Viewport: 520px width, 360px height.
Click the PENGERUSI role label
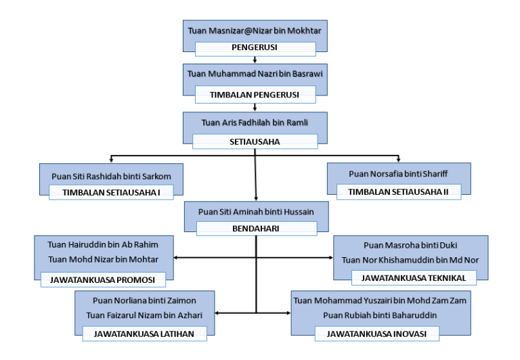255,48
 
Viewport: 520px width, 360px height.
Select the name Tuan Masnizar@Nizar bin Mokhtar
255,31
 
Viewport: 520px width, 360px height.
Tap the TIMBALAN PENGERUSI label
255,95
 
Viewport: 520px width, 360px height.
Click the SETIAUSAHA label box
255,142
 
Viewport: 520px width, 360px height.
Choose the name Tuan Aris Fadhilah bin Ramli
255,122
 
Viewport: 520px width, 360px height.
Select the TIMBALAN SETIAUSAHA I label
111,192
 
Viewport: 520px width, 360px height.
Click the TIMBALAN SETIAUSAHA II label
398,192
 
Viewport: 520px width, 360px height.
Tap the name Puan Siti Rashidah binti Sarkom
111,176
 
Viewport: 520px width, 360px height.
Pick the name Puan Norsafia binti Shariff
398,174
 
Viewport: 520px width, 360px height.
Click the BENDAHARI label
255,229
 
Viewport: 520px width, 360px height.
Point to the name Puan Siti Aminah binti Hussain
255,212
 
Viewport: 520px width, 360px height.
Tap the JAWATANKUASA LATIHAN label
144,333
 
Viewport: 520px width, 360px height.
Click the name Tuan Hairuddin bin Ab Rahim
103,244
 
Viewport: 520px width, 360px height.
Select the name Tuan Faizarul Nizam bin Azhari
144,315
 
